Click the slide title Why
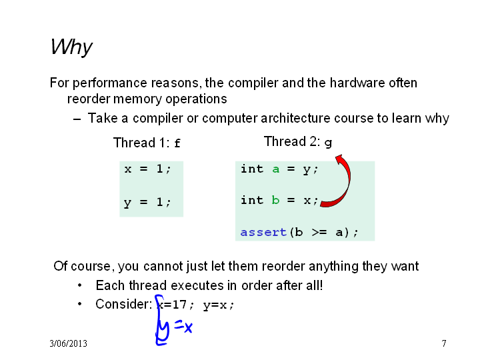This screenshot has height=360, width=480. pos(71,47)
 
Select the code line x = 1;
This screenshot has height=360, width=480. pos(147,169)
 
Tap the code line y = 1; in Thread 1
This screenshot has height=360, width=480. pos(147,203)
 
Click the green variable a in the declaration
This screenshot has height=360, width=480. pos(276,169)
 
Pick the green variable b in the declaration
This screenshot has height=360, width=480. pos(275,200)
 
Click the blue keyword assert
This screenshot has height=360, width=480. pos(263,233)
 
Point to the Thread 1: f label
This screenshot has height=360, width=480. pos(147,143)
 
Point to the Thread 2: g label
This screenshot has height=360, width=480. pos(298,141)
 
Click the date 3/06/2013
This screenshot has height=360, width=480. pos(68,343)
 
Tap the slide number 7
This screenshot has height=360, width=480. pos(444,343)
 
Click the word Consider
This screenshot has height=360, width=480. pos(124,304)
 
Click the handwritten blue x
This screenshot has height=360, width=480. pos(188,328)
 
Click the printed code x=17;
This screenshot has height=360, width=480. pos(175,305)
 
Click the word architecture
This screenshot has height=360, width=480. pos(295,118)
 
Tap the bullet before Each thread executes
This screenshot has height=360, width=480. pos(79,285)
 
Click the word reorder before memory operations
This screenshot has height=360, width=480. pos(88,99)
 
